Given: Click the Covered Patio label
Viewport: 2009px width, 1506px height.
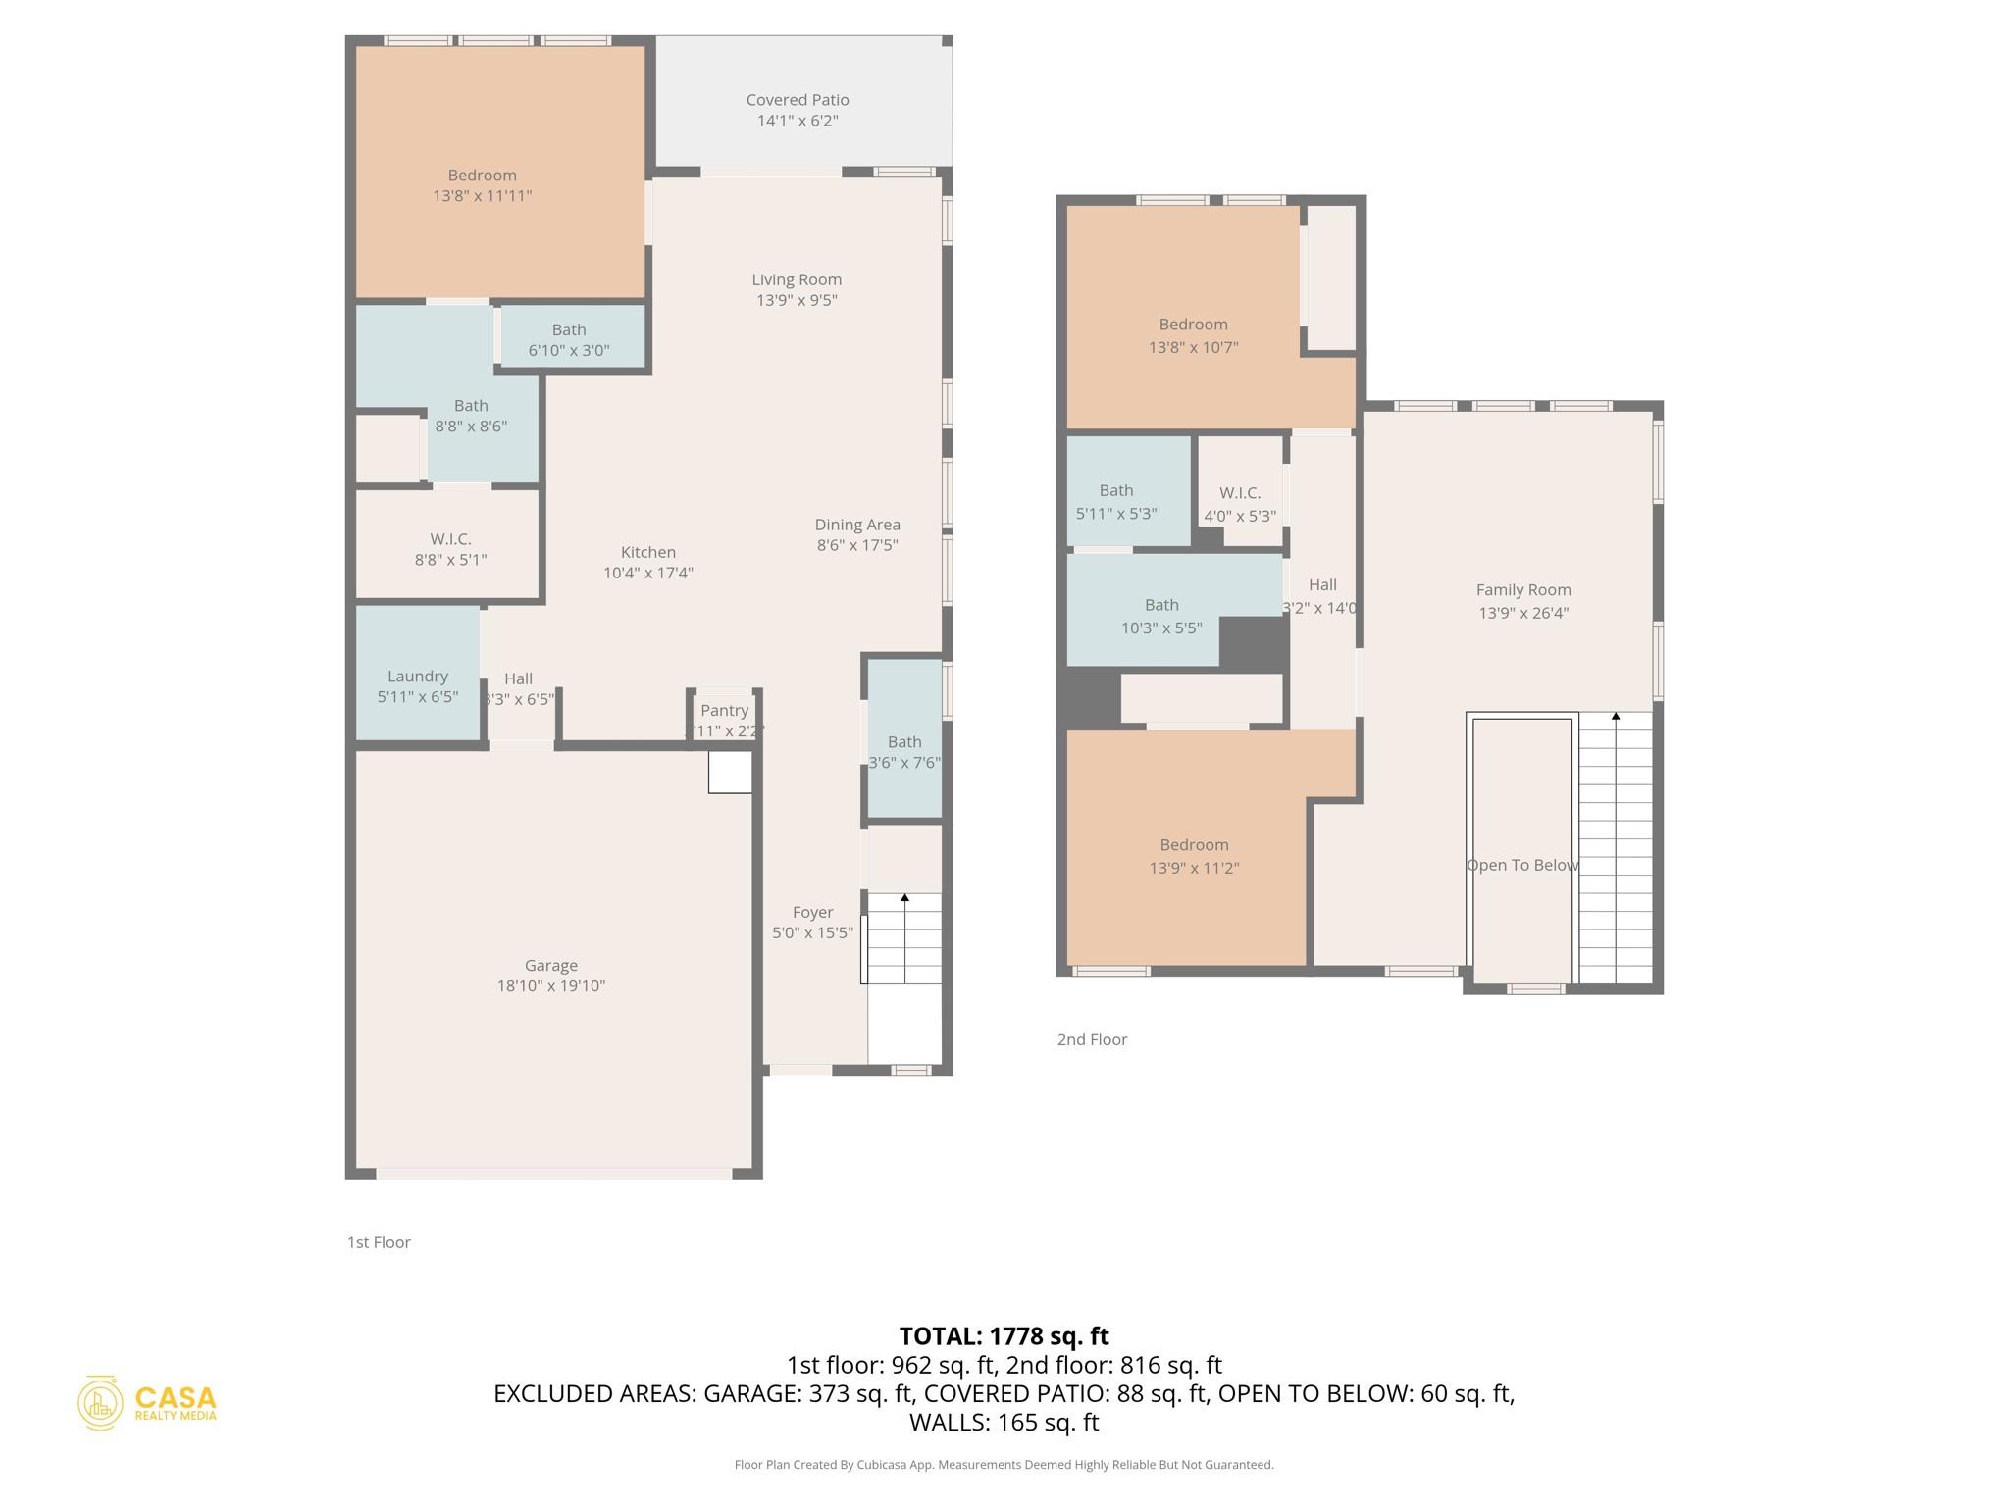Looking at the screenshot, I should pyautogui.click(x=797, y=100).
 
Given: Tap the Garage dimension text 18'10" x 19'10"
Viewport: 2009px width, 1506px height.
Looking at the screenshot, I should pyautogui.click(x=550, y=986).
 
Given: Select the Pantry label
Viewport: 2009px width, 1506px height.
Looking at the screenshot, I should pyautogui.click(x=725, y=711).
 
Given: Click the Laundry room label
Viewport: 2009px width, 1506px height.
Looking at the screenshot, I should pyautogui.click(x=418, y=677).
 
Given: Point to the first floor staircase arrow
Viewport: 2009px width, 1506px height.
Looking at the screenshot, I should pyautogui.click(x=905, y=897).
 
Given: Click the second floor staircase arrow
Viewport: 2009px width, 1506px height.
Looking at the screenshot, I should pyautogui.click(x=1616, y=717).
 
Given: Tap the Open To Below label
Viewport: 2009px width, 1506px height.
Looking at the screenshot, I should pyautogui.click(x=1522, y=866).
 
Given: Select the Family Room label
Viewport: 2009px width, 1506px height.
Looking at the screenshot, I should pyautogui.click(x=1523, y=590).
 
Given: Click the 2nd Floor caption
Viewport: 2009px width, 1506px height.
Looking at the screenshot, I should pyautogui.click(x=1092, y=1039).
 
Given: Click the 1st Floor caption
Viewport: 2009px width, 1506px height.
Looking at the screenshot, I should pyautogui.click(x=379, y=1242).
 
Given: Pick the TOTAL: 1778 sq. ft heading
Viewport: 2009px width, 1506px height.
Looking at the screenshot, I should pyautogui.click(x=1004, y=1336).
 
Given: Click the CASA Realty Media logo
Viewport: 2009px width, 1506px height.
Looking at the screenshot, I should pyautogui.click(x=147, y=1403).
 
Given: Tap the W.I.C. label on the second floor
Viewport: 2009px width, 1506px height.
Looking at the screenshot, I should pyautogui.click(x=1240, y=493).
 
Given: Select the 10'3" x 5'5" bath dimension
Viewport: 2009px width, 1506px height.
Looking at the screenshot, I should pyautogui.click(x=1161, y=628).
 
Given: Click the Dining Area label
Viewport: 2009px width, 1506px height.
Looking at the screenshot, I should pyautogui.click(x=857, y=525).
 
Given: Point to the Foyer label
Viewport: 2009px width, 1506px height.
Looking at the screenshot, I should pyautogui.click(x=812, y=912).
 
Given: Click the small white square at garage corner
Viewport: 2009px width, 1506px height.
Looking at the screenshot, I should pyautogui.click(x=730, y=772).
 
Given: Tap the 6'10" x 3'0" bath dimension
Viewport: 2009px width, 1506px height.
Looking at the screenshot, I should pyautogui.click(x=569, y=351).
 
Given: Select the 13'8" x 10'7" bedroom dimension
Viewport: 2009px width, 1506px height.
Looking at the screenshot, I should pyautogui.click(x=1193, y=347).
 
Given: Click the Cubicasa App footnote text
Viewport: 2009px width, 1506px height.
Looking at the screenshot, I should pyautogui.click(x=1004, y=1465).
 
